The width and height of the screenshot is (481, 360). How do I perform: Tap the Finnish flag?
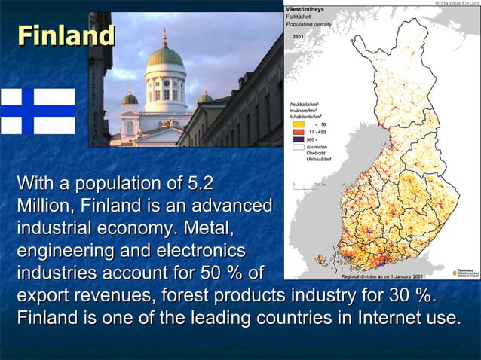click(37, 111)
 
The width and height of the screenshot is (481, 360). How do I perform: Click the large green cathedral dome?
click(164, 56)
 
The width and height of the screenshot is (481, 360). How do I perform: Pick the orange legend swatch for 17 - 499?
click(296, 131)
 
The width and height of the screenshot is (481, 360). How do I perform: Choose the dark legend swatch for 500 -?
click(296, 139)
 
